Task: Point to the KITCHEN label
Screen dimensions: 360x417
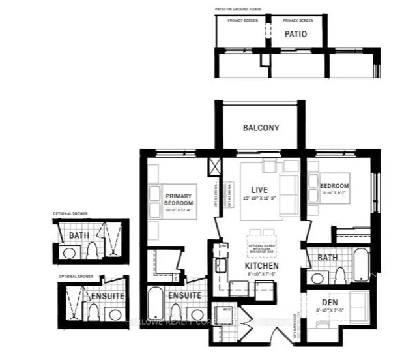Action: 262,267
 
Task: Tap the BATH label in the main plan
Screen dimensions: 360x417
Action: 327,258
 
